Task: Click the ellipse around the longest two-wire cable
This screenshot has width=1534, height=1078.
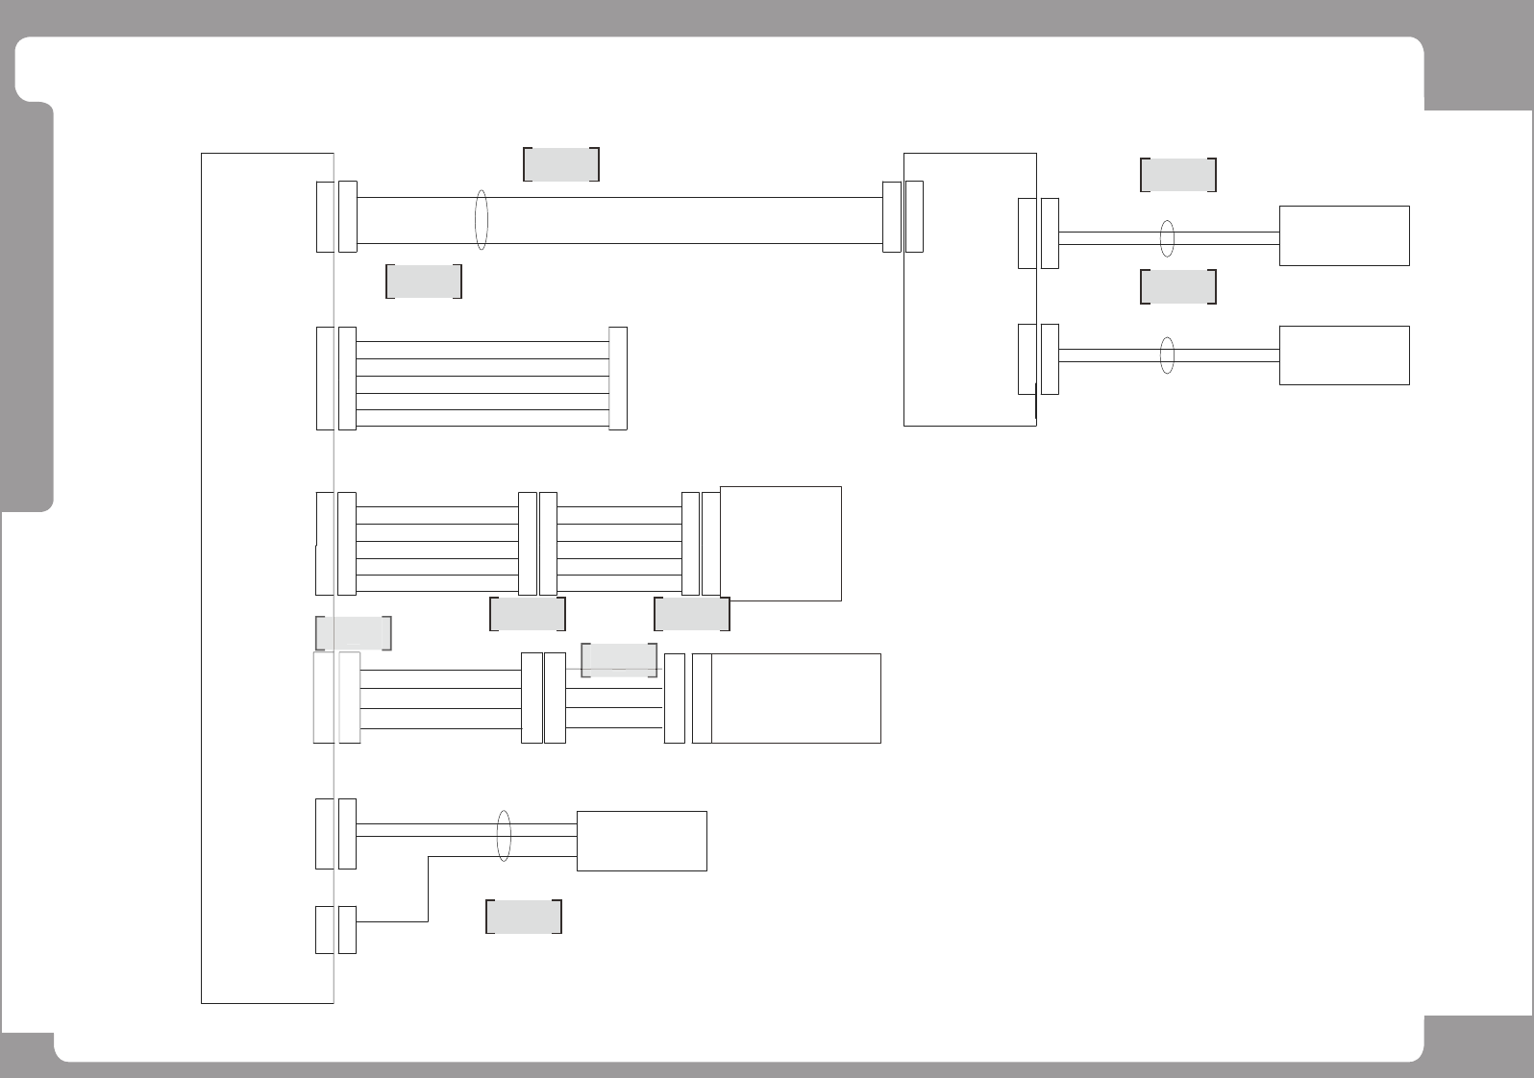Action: (482, 220)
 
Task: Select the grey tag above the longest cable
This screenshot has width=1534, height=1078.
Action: (561, 164)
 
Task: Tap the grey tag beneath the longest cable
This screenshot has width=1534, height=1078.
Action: (424, 281)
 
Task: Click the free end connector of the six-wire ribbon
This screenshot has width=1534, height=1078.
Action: (618, 378)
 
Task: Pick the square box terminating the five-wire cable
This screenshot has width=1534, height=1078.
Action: (780, 544)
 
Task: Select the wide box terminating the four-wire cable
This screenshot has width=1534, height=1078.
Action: (796, 698)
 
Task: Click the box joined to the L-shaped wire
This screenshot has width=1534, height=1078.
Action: (641, 841)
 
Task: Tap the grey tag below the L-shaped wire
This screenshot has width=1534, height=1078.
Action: (524, 917)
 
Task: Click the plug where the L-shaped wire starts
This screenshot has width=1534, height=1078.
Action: (347, 930)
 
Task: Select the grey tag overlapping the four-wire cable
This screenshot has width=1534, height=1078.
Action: (619, 660)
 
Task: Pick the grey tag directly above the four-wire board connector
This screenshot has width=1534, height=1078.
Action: (353, 632)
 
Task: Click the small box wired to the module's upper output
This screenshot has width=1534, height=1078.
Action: (1344, 235)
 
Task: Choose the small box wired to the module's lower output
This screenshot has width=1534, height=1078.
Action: (1344, 355)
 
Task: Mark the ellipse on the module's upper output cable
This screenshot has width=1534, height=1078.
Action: (1167, 238)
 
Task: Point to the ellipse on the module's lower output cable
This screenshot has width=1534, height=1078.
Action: (1167, 355)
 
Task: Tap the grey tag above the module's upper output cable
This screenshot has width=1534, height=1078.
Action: (1178, 175)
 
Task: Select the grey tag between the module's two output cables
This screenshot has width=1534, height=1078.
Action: (1178, 286)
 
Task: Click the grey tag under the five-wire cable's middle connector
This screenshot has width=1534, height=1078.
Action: (528, 614)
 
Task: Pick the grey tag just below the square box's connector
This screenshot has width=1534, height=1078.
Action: (692, 613)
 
